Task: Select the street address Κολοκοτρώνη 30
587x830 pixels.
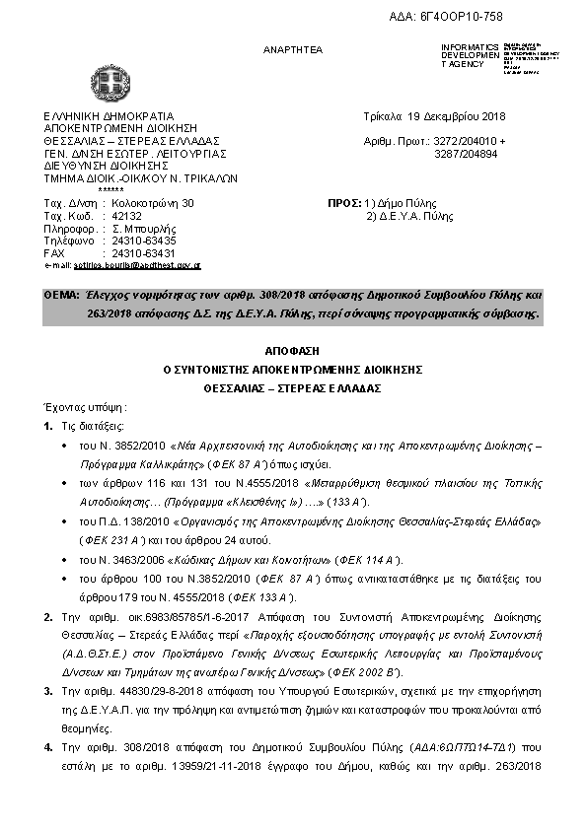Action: [x=154, y=203]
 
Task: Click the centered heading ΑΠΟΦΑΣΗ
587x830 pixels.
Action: [x=293, y=351]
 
